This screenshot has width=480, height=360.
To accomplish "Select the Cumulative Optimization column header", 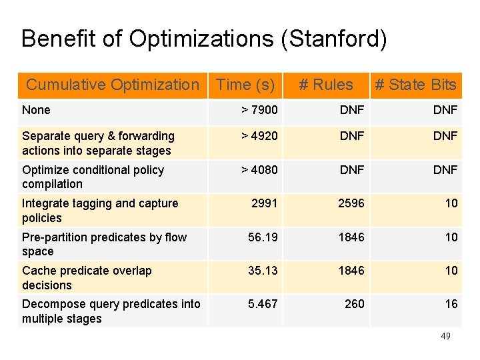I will [112, 85].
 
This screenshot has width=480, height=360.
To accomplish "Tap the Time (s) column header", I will [245, 85].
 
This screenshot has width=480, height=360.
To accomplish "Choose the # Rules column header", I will [325, 85].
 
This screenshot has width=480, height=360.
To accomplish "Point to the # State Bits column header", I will [415, 85].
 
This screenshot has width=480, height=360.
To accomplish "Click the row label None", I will [36, 110].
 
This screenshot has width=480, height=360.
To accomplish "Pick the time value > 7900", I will [259, 110].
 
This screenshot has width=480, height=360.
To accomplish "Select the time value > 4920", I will [259, 136].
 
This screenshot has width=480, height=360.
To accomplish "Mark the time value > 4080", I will [259, 170].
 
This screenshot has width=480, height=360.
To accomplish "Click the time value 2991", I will [264, 203].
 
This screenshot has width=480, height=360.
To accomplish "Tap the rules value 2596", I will [351, 203].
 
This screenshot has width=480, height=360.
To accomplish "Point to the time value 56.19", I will [263, 237].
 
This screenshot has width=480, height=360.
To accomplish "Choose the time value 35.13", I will [263, 270].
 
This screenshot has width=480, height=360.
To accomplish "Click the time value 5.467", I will [263, 304].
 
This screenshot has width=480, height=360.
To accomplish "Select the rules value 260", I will [354, 304].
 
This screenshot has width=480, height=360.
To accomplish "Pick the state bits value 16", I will [451, 304].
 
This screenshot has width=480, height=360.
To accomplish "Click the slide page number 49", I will [445, 336].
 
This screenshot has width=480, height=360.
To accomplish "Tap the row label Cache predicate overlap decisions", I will [87, 277].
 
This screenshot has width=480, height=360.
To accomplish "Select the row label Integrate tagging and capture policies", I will [100, 211].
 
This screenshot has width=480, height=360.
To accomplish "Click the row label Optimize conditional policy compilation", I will [93, 177].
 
